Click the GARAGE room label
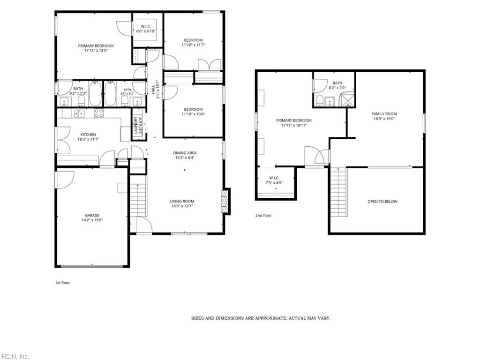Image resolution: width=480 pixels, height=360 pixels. (92, 215)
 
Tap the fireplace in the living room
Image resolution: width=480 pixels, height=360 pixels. (225, 202)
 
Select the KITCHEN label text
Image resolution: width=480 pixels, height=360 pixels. (88, 135)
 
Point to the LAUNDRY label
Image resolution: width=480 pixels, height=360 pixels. (135, 125)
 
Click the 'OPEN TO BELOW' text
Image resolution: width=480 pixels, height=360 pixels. (382, 202)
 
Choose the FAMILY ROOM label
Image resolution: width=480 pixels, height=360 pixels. (384, 113)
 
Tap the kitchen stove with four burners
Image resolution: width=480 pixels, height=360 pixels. (98, 113)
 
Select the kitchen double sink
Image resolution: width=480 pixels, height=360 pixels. (79, 113)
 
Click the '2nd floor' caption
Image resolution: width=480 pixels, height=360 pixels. (263, 215)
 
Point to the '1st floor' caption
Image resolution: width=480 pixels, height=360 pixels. (62, 283)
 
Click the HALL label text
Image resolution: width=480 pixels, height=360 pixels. (153, 89)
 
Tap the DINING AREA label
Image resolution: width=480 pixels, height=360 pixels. (185, 153)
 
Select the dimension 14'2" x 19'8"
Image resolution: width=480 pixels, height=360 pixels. (92, 220)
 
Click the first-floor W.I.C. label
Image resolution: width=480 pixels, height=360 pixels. (146, 26)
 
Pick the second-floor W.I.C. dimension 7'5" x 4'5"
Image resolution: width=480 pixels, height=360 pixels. (274, 183)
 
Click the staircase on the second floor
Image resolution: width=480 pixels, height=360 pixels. (338, 192)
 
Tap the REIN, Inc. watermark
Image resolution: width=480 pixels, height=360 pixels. (15, 356)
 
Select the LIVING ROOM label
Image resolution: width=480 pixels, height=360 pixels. (182, 201)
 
